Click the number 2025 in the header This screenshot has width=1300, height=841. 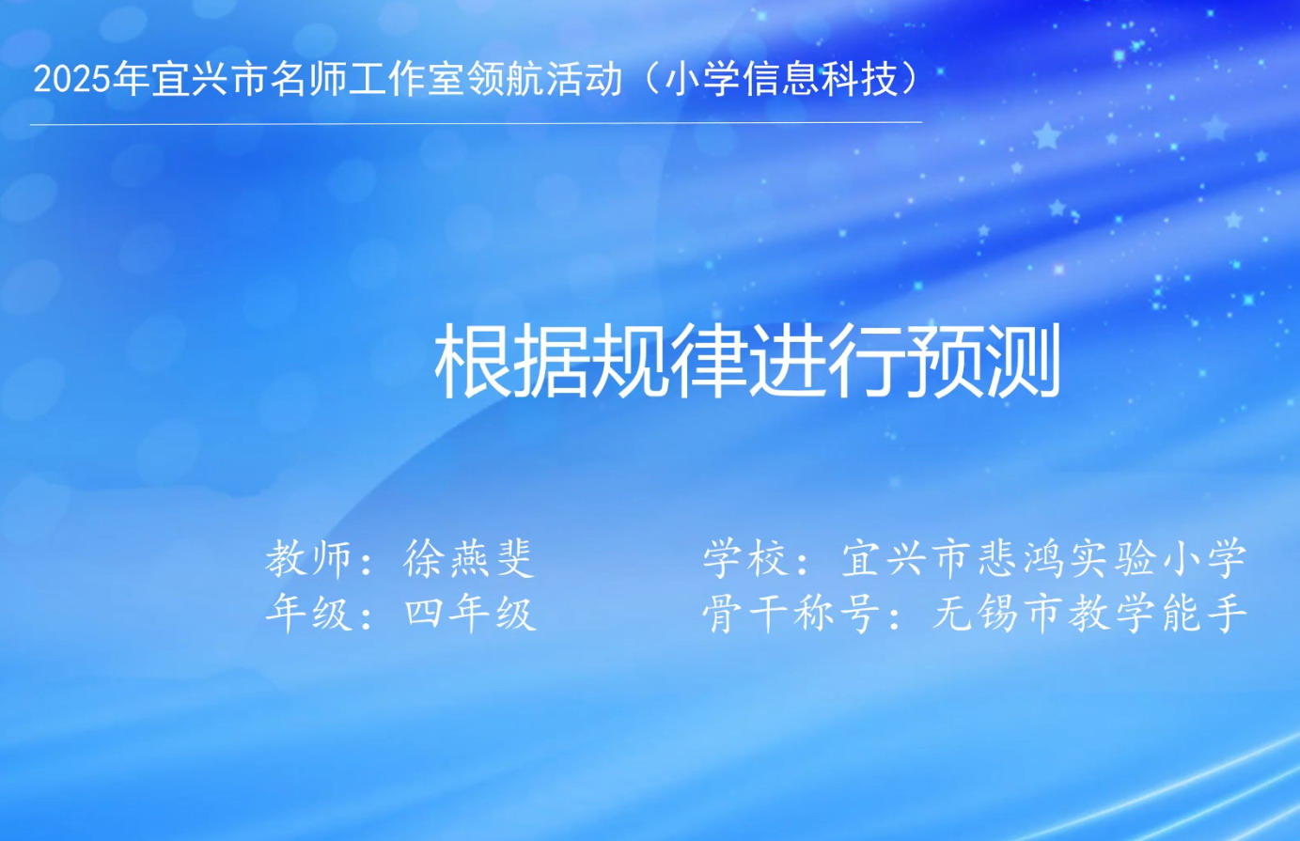[72, 80]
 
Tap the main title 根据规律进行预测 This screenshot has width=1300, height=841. [748, 361]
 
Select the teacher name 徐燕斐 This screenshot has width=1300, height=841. [468, 558]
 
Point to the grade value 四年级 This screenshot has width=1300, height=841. [469, 613]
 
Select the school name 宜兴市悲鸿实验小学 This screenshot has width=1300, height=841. [1044, 558]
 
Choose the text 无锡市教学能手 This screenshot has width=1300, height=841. [1089, 613]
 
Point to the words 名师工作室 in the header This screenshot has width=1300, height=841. [368, 80]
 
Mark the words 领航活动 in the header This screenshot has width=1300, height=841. [543, 80]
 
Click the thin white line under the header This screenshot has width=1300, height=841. [476, 123]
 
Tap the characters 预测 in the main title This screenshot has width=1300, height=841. [983, 361]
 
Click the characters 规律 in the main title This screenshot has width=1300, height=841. [669, 361]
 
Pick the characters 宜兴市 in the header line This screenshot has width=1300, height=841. [211, 80]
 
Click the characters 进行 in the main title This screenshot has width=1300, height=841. [826, 361]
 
